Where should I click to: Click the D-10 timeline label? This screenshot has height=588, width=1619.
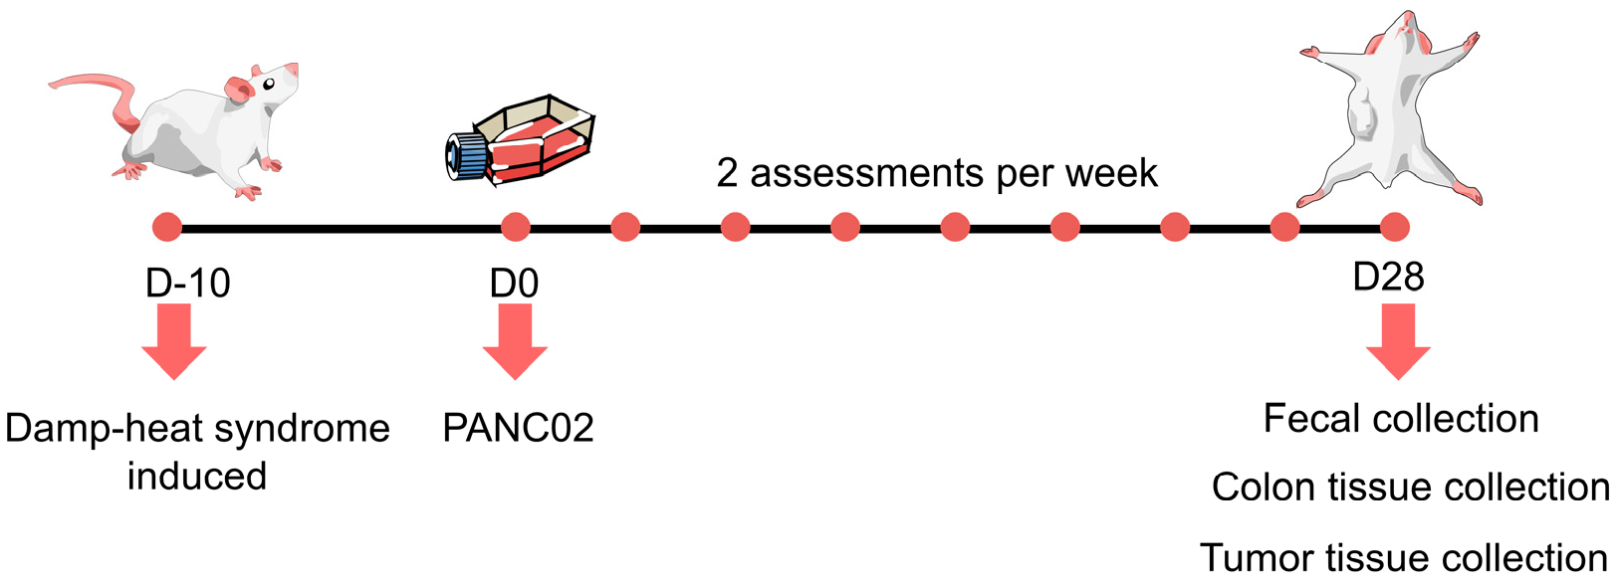(188, 284)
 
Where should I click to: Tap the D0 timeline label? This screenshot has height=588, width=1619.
(514, 284)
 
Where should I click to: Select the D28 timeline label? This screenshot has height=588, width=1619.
(1388, 277)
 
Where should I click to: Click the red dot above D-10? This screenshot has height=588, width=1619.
(167, 228)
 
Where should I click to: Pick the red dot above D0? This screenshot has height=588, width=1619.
(516, 228)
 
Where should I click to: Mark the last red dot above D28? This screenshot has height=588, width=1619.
(1395, 228)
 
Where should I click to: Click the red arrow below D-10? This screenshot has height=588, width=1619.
(174, 342)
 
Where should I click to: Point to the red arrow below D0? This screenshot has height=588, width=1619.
(515, 342)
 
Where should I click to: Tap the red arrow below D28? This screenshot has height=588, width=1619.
(1398, 342)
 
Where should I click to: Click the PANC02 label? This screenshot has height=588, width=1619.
(518, 428)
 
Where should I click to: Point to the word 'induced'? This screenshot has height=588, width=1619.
(197, 476)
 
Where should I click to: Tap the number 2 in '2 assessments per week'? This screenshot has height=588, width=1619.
(727, 174)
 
